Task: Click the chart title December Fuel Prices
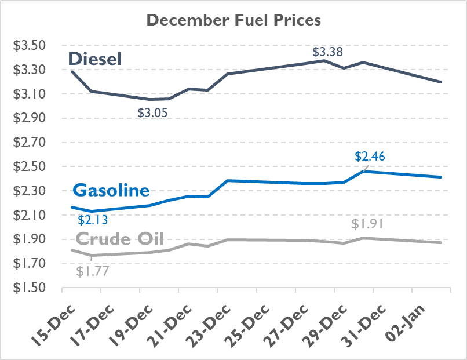(233, 20)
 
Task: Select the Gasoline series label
(111, 191)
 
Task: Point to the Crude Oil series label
(119, 239)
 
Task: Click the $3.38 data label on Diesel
(328, 52)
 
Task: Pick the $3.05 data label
(152, 113)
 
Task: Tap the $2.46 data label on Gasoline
(370, 156)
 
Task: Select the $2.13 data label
(93, 220)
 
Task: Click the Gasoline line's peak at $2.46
(364, 171)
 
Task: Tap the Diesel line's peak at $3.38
(324, 60)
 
